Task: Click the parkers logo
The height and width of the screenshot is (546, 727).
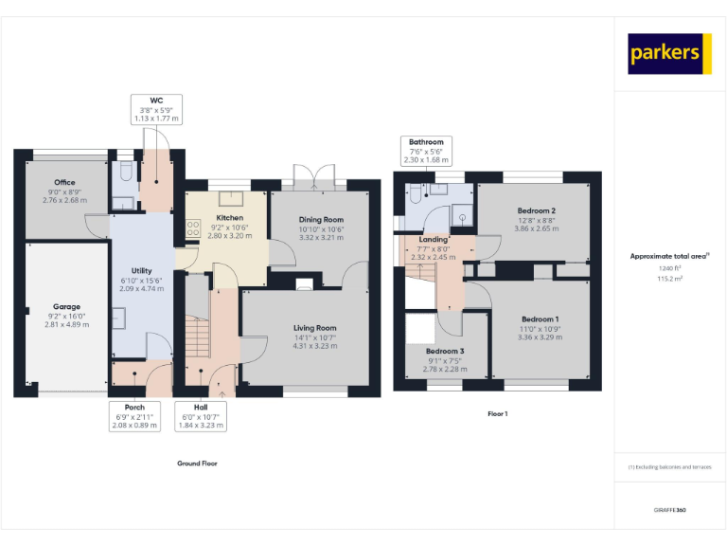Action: [x=669, y=54]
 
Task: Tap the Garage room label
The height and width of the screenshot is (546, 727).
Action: [x=66, y=307]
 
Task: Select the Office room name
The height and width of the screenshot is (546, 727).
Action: [x=64, y=183]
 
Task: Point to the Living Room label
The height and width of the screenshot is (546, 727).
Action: [x=314, y=328]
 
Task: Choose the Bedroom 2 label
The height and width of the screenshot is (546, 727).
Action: [x=536, y=210]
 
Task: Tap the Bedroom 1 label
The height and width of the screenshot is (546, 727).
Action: [x=540, y=319]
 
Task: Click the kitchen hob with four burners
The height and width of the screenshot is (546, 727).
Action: [x=193, y=227]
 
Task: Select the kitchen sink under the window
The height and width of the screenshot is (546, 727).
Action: [x=229, y=198]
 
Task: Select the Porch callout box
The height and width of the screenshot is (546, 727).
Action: [x=134, y=417]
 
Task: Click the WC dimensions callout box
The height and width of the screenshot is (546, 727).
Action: [x=156, y=110]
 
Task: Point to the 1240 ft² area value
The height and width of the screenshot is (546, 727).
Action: [x=670, y=269]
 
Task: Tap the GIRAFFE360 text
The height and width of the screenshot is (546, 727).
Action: [x=669, y=511]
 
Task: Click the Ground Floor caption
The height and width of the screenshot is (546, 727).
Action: [x=197, y=464]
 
